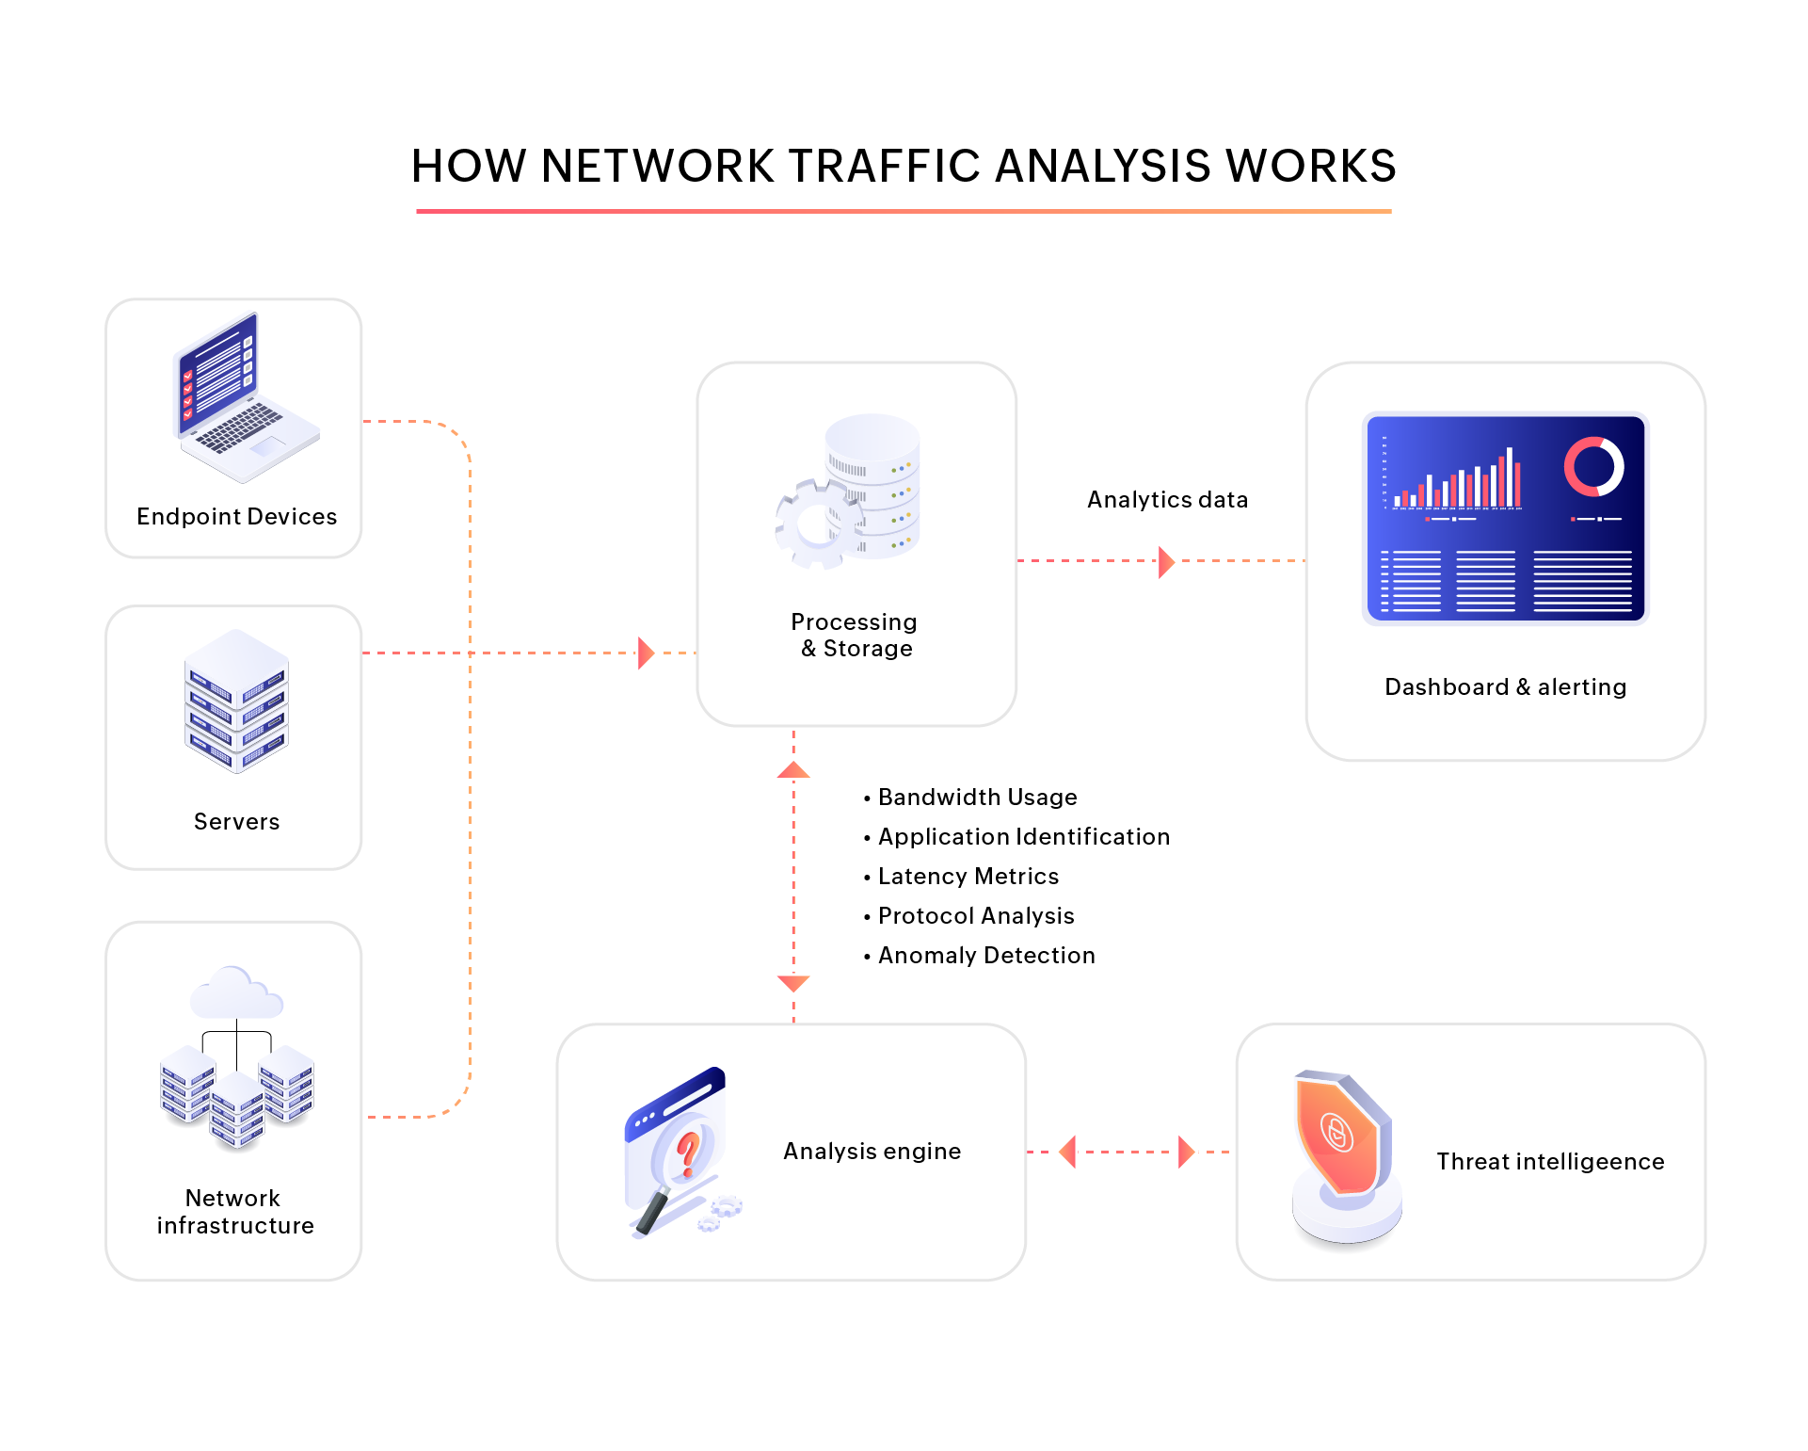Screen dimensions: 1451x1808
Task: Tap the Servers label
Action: click(236, 822)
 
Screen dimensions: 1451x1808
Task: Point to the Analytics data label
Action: click(1167, 500)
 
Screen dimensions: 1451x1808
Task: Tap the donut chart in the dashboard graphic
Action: click(1593, 466)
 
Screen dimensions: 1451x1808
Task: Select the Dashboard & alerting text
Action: click(1505, 687)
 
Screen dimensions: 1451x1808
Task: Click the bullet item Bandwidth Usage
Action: click(977, 798)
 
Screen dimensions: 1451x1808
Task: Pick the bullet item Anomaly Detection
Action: click(985, 956)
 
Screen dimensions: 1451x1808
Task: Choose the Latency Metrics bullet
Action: click(968, 877)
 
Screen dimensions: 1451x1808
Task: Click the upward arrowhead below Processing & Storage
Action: click(793, 771)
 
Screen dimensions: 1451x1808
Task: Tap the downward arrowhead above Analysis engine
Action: click(793, 983)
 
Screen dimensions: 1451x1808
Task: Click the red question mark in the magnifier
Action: click(688, 1153)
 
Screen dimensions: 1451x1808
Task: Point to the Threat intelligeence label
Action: click(1550, 1162)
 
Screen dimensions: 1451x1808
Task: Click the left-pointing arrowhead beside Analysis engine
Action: click(1068, 1152)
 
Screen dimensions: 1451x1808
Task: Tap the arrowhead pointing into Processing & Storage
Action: click(645, 653)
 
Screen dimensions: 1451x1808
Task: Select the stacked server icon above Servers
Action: click(236, 701)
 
